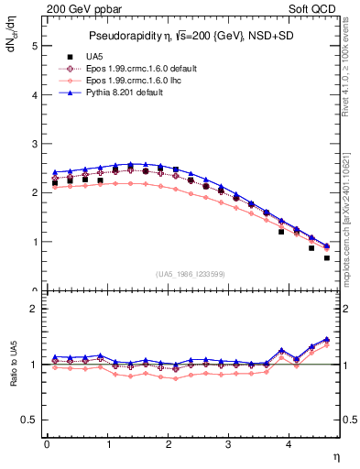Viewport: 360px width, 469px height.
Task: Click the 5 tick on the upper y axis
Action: tap(34, 45)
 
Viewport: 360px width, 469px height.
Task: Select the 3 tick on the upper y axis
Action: tap(34, 144)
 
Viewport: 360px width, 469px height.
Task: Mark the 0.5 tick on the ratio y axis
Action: tap(29, 420)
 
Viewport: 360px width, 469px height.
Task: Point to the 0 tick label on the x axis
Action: tap(47, 444)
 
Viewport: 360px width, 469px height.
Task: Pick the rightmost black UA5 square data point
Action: tap(327, 257)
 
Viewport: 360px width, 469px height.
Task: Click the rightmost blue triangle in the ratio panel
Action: tap(327, 339)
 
